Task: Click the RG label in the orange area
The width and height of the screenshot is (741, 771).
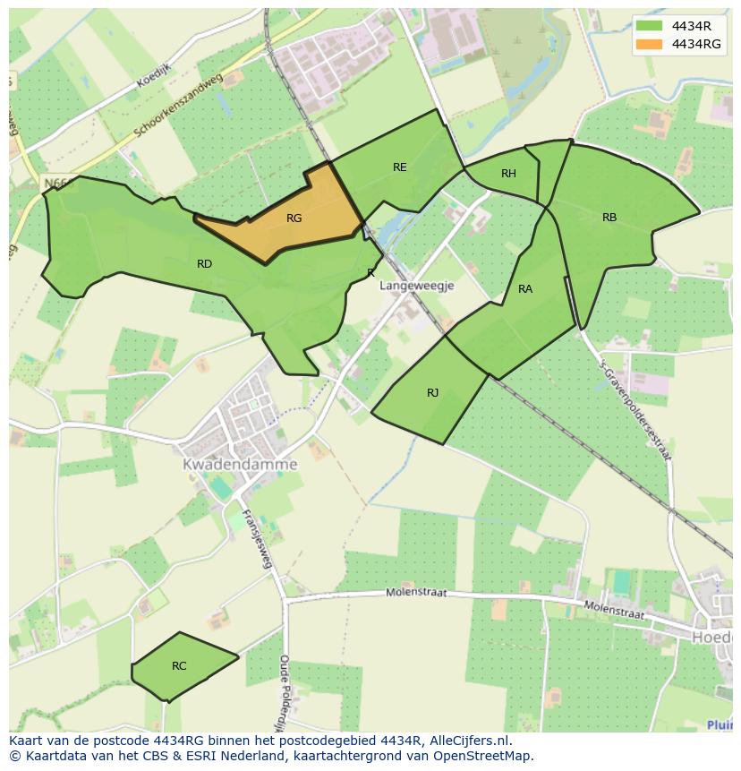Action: click(x=294, y=218)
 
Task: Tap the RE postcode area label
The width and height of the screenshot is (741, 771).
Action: click(x=399, y=167)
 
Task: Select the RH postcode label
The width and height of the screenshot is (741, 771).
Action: click(x=508, y=174)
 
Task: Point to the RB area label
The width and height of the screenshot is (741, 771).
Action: click(x=609, y=218)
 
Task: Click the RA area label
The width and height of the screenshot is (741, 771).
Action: click(x=525, y=289)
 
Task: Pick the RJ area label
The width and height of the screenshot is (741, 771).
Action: click(x=433, y=393)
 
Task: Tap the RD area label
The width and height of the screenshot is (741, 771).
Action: click(x=205, y=264)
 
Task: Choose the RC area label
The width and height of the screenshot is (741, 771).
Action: click(x=179, y=666)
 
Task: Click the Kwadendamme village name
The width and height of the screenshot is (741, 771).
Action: click(x=240, y=465)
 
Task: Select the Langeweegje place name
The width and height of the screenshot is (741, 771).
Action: click(x=417, y=286)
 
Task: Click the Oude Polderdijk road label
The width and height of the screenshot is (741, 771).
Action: click(x=283, y=689)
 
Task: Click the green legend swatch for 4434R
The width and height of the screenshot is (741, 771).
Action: click(x=651, y=25)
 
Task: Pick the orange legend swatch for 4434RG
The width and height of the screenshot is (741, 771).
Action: click(x=651, y=44)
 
